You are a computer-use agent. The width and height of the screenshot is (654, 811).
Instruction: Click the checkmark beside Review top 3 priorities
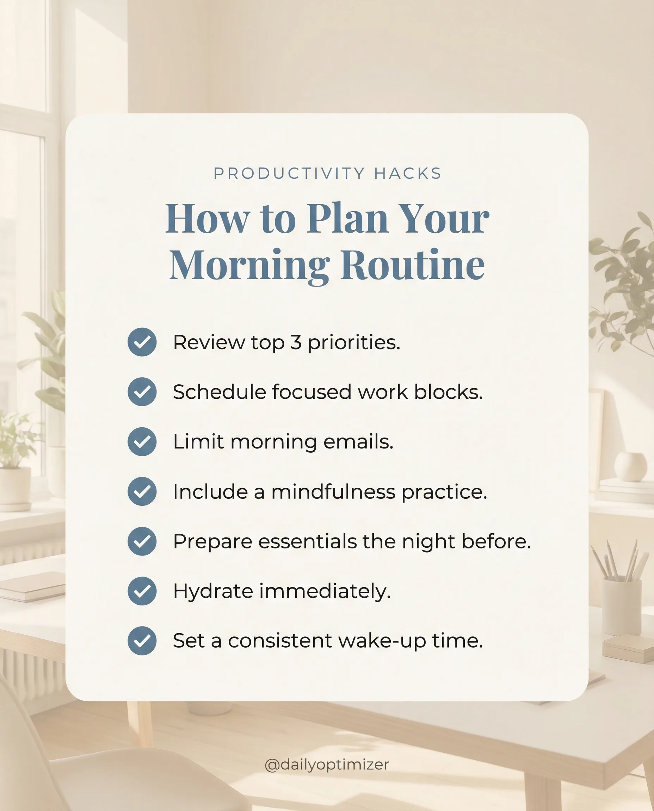[x=142, y=342]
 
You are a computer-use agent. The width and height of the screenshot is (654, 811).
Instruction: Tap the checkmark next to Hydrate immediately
[x=142, y=591]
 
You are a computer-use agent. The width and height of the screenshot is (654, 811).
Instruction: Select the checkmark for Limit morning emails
[x=142, y=441]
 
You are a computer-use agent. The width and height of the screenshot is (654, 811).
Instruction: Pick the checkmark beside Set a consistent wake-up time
[x=142, y=641]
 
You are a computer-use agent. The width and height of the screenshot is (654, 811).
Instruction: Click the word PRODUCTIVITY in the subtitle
[x=289, y=174]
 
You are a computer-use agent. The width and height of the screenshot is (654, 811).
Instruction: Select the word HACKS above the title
[x=408, y=174]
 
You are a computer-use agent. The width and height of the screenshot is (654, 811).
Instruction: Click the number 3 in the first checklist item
[x=296, y=342]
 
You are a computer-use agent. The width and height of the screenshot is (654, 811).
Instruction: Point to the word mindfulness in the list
[x=333, y=491]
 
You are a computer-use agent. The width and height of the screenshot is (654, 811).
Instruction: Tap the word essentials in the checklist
[x=307, y=541]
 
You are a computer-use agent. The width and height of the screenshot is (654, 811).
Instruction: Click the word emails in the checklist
[x=358, y=441]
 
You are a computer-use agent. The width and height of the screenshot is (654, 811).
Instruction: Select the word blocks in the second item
[x=448, y=392]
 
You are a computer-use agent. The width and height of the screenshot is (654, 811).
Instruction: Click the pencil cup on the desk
[x=622, y=606]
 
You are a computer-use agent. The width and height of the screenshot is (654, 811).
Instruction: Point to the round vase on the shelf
[x=631, y=467]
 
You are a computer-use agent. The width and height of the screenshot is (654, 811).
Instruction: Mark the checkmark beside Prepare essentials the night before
[x=142, y=541]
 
